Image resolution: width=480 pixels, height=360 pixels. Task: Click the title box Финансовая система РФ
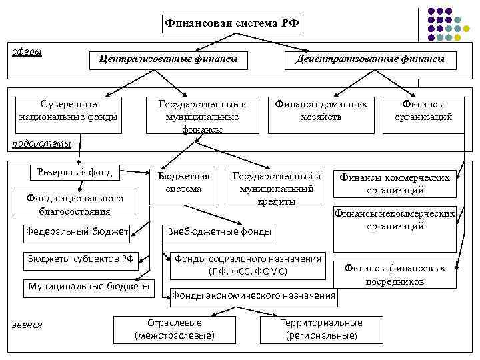click(x=232, y=24)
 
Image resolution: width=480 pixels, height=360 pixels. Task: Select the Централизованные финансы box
click(x=168, y=59)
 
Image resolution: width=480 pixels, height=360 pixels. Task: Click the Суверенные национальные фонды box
click(x=69, y=111)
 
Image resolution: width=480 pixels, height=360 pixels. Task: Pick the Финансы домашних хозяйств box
click(x=321, y=111)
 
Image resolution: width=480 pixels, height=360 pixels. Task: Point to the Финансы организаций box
click(x=423, y=111)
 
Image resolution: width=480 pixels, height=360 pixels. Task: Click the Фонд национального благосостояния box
click(x=75, y=204)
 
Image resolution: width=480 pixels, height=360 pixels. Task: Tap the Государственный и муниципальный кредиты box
click(x=276, y=186)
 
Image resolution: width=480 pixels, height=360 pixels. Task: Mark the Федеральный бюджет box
click(x=77, y=232)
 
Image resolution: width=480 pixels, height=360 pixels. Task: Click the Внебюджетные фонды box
click(x=219, y=232)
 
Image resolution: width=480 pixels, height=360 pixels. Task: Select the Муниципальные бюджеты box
click(x=89, y=286)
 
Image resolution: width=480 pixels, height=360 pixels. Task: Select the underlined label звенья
click(x=27, y=325)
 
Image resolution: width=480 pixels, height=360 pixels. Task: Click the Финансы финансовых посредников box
click(x=395, y=275)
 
